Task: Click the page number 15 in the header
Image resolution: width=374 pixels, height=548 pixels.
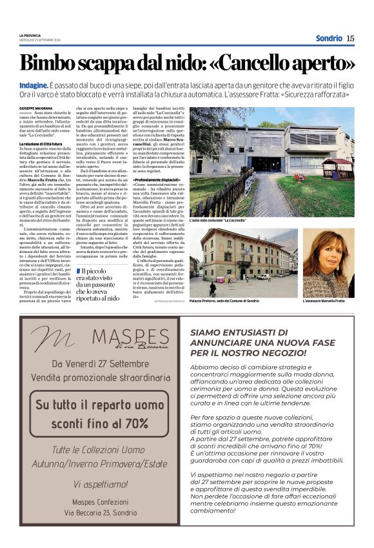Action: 350,38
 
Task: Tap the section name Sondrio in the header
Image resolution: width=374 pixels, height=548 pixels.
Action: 329,38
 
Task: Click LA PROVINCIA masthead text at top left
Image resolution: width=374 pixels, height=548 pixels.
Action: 31,36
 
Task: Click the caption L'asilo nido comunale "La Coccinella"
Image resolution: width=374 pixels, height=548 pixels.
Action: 220,221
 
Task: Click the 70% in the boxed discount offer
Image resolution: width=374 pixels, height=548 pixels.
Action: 135,423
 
